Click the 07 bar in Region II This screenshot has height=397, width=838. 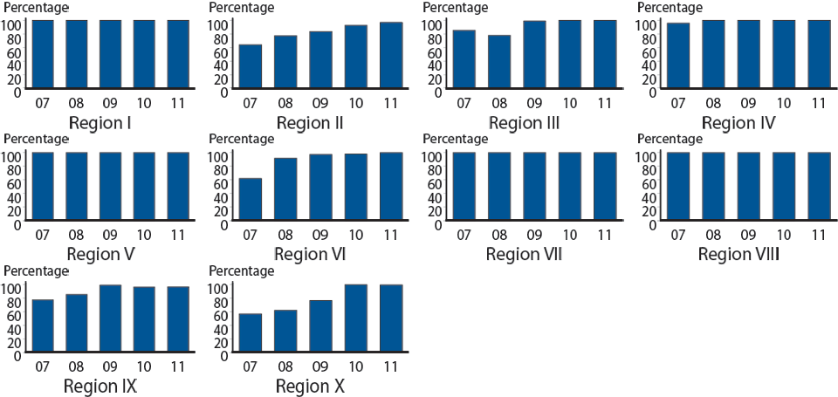pyautogui.click(x=251, y=66)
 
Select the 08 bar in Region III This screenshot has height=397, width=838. pyautogui.click(x=498, y=62)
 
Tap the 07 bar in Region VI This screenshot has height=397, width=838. pyautogui.click(x=251, y=200)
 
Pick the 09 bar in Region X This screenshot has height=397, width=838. pyautogui.click(x=320, y=326)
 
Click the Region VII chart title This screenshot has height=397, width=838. pyautogui.click(x=524, y=255)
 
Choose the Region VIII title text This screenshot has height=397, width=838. pyautogui.click(x=738, y=255)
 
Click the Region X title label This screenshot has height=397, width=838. pyautogui.click(x=310, y=386)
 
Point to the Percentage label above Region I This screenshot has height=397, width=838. pyautogui.click(x=36, y=7)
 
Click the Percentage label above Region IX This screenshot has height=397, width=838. pyautogui.click(x=36, y=271)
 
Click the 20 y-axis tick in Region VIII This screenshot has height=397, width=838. pyautogui.click(x=648, y=210)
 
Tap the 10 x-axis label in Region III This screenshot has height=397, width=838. pyautogui.click(x=569, y=103)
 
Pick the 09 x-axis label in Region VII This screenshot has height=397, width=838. pyautogui.click(x=534, y=236)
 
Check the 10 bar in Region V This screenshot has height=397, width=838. pyautogui.click(x=144, y=188)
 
